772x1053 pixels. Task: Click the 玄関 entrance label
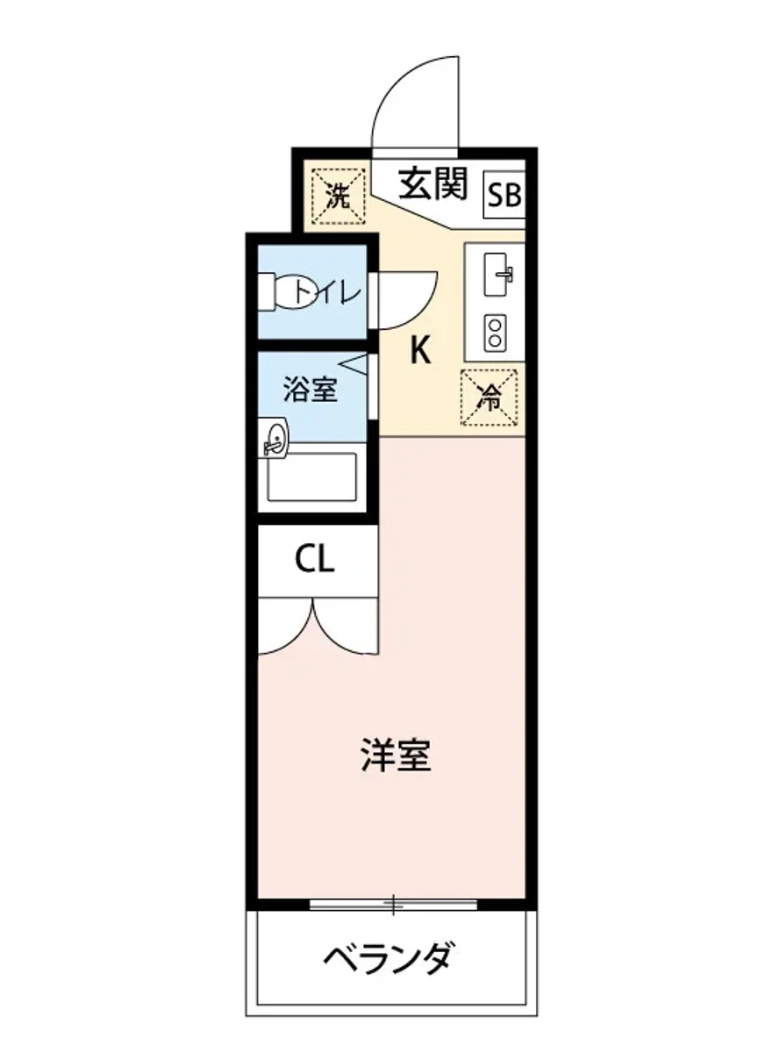tap(430, 184)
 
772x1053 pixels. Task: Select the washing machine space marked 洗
tap(338, 196)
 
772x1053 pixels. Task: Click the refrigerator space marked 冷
tap(489, 398)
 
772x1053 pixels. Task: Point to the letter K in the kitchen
tap(421, 352)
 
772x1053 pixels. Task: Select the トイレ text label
tap(326, 292)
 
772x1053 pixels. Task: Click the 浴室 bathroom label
tap(310, 390)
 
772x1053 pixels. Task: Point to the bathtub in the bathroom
tap(312, 476)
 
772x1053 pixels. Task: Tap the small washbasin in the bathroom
tap(275, 438)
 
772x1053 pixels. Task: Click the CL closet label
tap(314, 559)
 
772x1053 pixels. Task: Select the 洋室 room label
tap(396, 755)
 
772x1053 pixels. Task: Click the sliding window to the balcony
tap(394, 903)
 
